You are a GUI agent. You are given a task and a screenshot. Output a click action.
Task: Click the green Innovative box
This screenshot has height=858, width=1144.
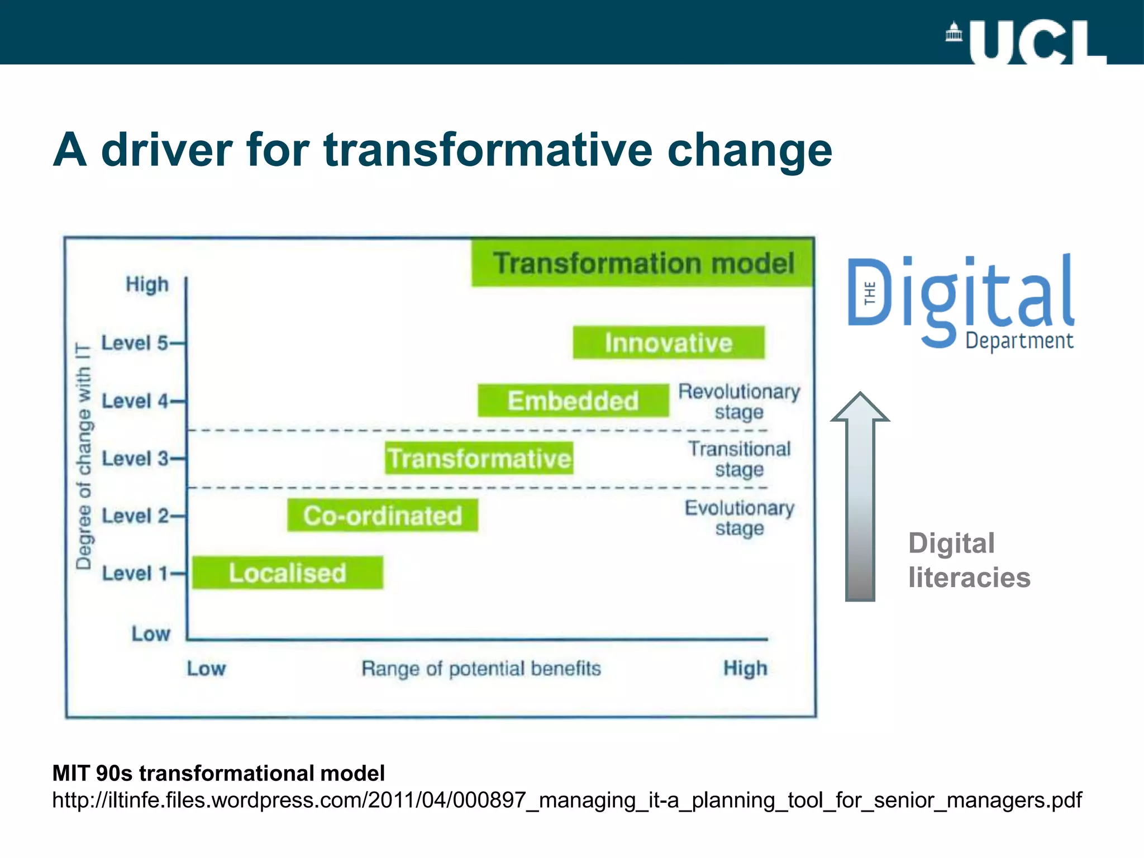tap(669, 342)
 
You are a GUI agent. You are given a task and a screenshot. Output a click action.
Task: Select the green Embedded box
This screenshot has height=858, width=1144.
tap(573, 401)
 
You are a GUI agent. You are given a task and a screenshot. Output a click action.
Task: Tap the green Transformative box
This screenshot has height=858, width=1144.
tap(479, 458)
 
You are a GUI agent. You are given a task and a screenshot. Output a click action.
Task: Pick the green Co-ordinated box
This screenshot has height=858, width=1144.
tap(383, 516)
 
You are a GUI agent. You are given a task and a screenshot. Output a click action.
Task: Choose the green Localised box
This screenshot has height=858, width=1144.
tap(288, 573)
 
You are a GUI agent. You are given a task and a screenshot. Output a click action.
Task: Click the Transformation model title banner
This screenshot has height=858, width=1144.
tap(642, 263)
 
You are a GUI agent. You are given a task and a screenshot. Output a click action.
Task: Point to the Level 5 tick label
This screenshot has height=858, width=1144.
tap(135, 342)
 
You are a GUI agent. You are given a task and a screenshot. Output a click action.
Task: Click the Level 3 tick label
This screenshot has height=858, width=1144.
tap(135, 459)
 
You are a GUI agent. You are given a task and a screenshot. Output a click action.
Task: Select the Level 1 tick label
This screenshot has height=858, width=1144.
tap(135, 573)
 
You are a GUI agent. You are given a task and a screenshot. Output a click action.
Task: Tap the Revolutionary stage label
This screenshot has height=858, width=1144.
tap(739, 402)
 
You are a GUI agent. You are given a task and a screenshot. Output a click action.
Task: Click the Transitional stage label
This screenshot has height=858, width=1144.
tap(739, 459)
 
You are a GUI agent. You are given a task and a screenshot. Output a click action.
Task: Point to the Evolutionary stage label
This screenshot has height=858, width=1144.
tap(739, 518)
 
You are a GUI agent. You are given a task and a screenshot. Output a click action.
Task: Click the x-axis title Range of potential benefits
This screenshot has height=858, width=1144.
tap(481, 668)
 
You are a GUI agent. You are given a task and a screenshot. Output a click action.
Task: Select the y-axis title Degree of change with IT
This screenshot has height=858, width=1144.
tap(84, 456)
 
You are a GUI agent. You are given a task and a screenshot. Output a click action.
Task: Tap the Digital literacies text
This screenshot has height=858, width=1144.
tap(969, 560)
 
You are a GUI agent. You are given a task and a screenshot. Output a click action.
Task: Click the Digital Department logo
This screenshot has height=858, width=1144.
tap(961, 302)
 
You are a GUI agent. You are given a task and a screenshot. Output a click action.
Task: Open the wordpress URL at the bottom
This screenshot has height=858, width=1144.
tap(566, 800)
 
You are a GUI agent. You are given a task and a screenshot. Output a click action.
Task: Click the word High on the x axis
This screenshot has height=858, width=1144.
tap(745, 668)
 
